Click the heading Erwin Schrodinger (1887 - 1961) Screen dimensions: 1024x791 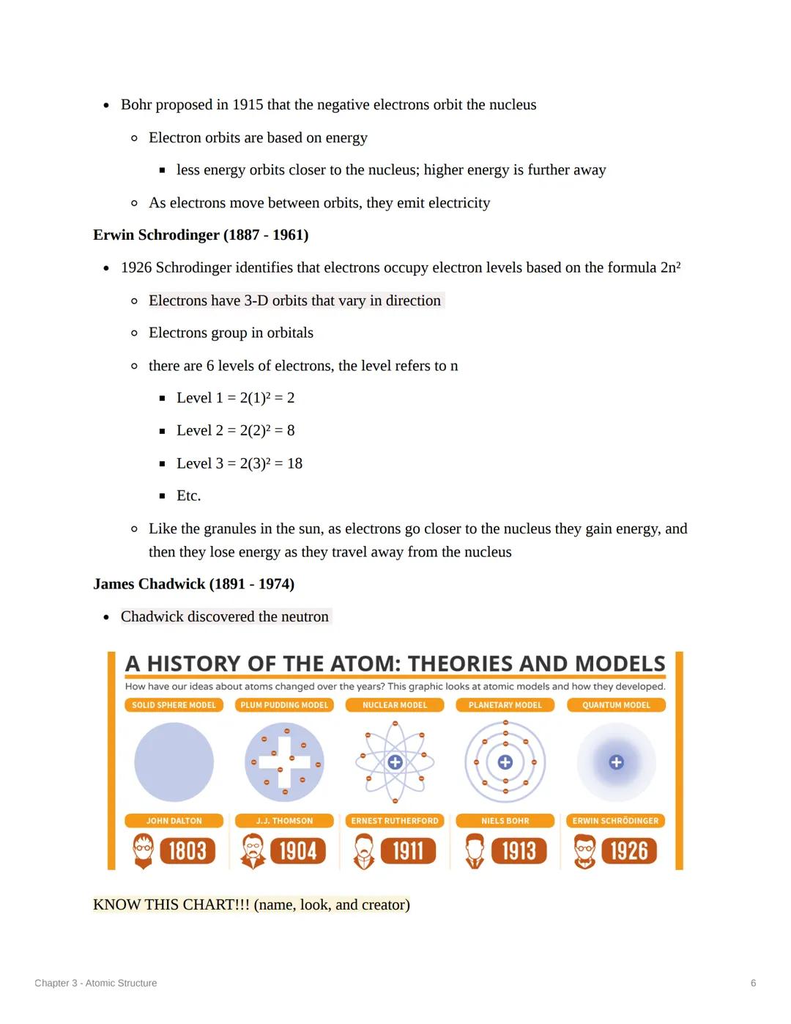pyautogui.click(x=201, y=235)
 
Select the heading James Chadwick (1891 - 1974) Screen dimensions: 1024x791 pyautogui.click(x=193, y=583)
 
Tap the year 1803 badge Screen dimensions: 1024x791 pyautogui.click(x=187, y=851)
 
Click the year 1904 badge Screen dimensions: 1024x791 pyautogui.click(x=297, y=851)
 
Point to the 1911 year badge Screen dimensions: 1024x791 pyautogui.click(x=408, y=851)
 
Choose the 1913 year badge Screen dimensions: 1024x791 pyautogui.click(x=519, y=851)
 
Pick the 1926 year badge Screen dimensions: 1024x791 pyautogui.click(x=628, y=851)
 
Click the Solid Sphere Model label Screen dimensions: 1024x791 pyautogui.click(x=174, y=705)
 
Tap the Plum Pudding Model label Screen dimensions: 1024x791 pyautogui.click(x=284, y=705)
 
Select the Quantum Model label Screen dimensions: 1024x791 pyautogui.click(x=616, y=705)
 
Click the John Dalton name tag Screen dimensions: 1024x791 pyautogui.click(x=174, y=821)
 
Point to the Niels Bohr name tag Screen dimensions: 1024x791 pyautogui.click(x=505, y=821)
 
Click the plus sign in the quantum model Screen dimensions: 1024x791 pyautogui.click(x=617, y=762)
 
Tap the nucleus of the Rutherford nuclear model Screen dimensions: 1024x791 pyautogui.click(x=395, y=762)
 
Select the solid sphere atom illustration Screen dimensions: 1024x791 pyautogui.click(x=174, y=762)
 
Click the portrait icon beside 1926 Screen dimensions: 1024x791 pyautogui.click(x=584, y=851)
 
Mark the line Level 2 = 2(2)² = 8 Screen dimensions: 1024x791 pyautogui.click(x=235, y=430)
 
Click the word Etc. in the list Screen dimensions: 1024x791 pyautogui.click(x=188, y=496)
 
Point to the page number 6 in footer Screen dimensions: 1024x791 pyautogui.click(x=753, y=983)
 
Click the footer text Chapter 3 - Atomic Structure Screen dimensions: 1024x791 pyautogui.click(x=96, y=983)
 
